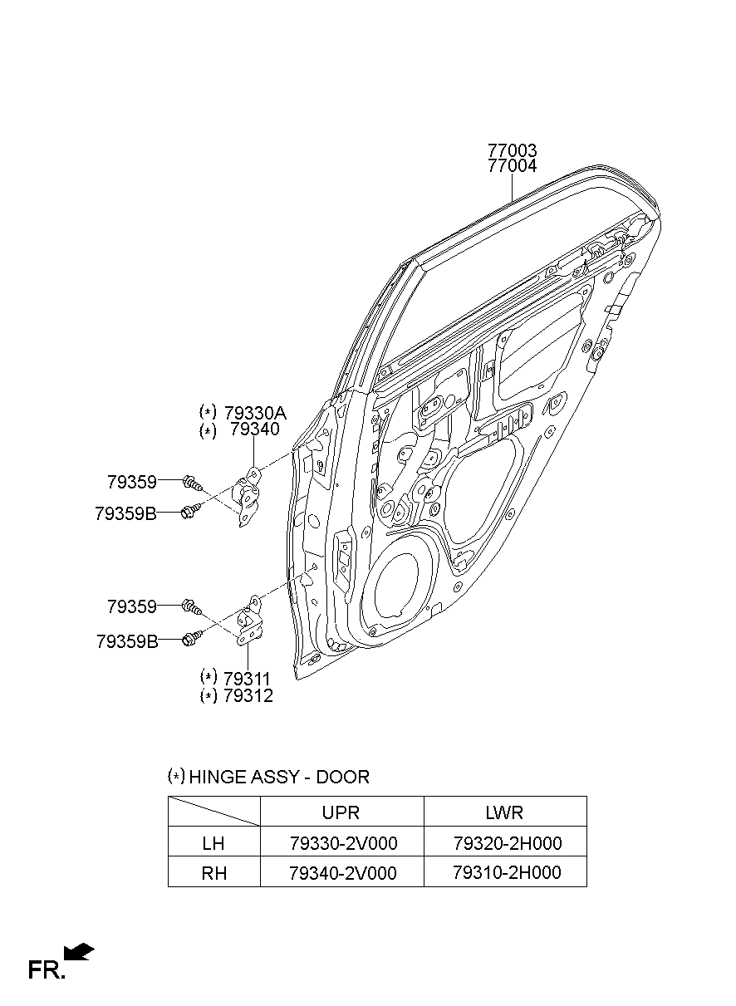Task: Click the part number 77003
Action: (512, 151)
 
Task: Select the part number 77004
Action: (512, 166)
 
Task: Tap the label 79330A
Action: (254, 412)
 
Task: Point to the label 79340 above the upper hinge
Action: (254, 429)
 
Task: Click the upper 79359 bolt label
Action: (131, 481)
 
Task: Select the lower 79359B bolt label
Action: (126, 641)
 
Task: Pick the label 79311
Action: (248, 679)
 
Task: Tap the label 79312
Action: (248, 696)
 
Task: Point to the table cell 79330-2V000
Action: (342, 843)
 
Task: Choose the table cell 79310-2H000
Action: (507, 872)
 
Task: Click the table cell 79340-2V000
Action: (342, 873)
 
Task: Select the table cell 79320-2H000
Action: (507, 843)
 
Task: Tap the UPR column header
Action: (341, 812)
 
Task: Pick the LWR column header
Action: (505, 812)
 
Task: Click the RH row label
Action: (213, 873)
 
